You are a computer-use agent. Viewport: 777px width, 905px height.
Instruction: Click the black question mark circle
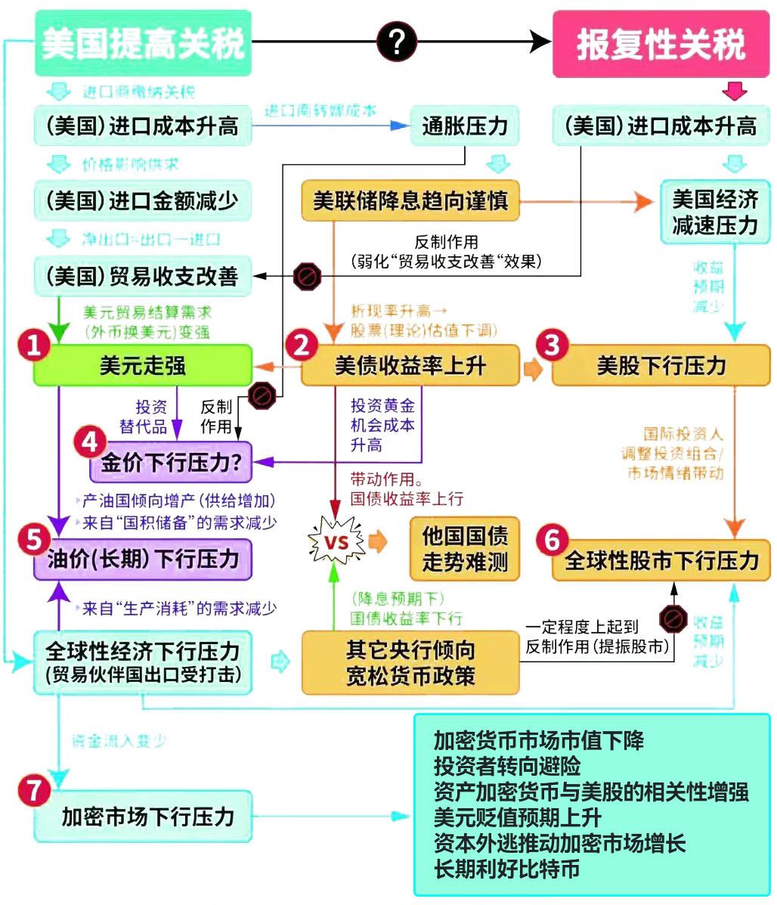[397, 42]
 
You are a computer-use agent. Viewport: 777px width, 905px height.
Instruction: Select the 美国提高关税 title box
[143, 43]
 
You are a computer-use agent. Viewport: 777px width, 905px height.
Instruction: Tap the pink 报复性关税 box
[661, 44]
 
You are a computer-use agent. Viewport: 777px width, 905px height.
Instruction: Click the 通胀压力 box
[464, 125]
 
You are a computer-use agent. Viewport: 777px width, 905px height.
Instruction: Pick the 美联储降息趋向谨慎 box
[410, 201]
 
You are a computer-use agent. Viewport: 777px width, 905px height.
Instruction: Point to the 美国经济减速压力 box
[715, 212]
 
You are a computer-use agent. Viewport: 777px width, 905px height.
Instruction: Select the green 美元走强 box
[142, 366]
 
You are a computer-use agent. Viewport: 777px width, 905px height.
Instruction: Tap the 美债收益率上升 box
[410, 366]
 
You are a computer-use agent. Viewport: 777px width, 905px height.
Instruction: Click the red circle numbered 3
[552, 345]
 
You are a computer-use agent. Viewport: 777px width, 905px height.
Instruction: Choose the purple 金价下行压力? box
[171, 463]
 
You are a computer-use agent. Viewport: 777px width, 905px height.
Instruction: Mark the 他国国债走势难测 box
[465, 549]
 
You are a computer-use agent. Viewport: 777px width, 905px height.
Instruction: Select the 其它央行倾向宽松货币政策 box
[410, 662]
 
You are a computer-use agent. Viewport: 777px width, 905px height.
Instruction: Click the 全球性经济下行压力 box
[142, 662]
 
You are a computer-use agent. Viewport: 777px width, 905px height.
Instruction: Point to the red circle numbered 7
[33, 791]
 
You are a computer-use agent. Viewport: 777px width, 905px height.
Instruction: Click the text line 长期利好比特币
[507, 869]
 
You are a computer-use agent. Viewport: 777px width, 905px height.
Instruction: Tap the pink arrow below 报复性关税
[733, 91]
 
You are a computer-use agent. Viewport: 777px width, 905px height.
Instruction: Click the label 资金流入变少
[119, 740]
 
